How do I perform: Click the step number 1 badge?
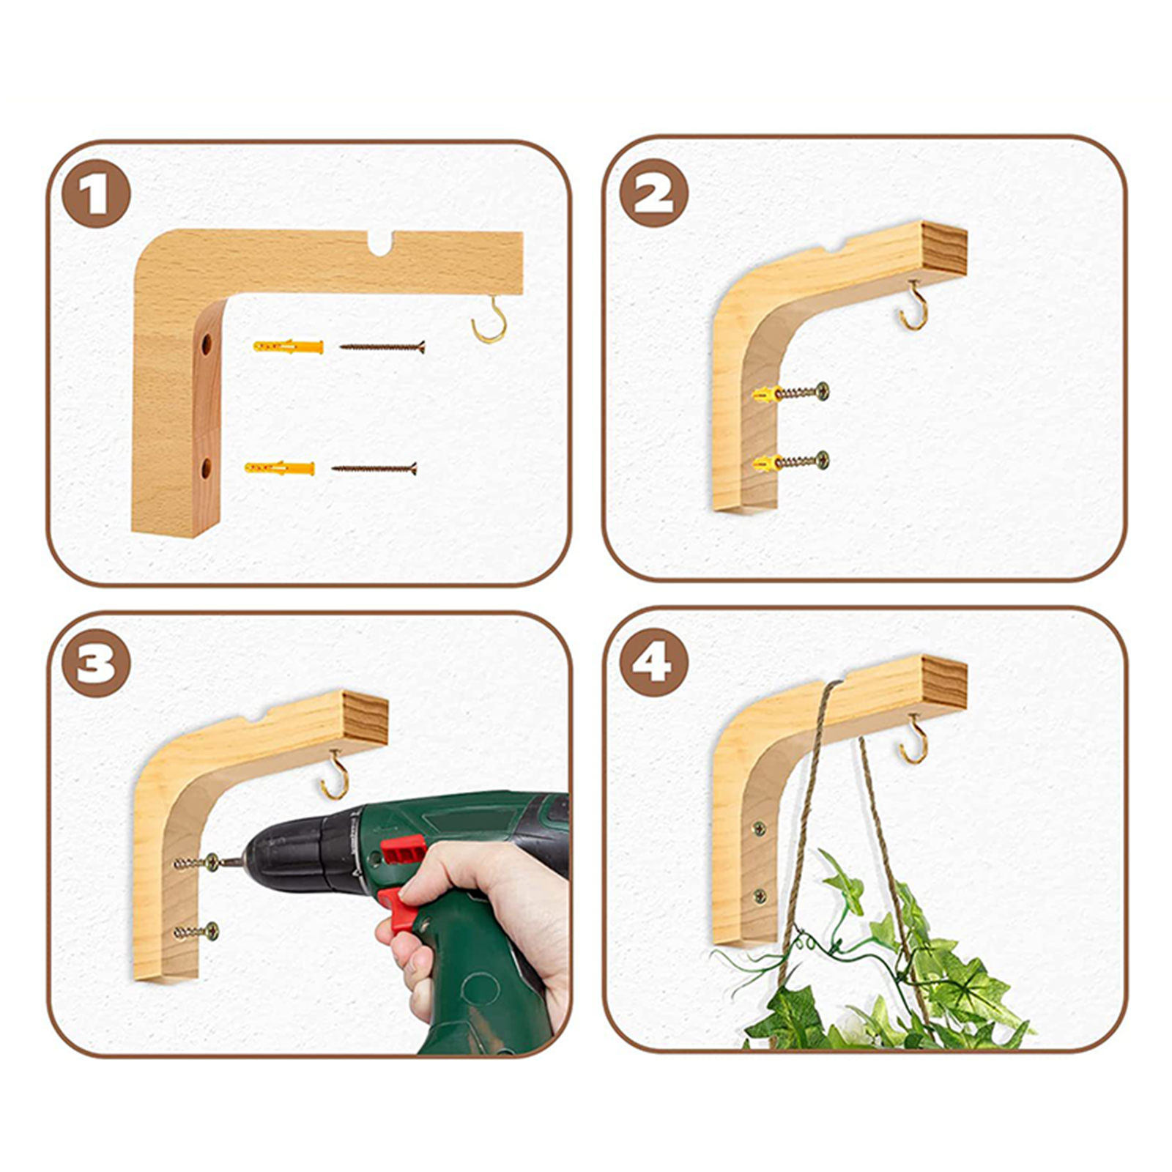click(96, 194)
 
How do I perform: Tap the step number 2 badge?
click(653, 193)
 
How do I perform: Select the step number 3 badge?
click(96, 663)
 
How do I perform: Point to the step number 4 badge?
click(653, 662)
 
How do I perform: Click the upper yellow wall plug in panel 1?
click(288, 346)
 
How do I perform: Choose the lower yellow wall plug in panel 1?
click(280, 467)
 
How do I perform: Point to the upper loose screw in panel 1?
click(382, 346)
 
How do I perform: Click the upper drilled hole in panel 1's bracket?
click(207, 343)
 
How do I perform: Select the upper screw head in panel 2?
click(823, 391)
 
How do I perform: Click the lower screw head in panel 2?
click(823, 460)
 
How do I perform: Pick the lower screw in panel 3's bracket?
click(196, 932)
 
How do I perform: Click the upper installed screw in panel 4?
click(760, 829)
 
